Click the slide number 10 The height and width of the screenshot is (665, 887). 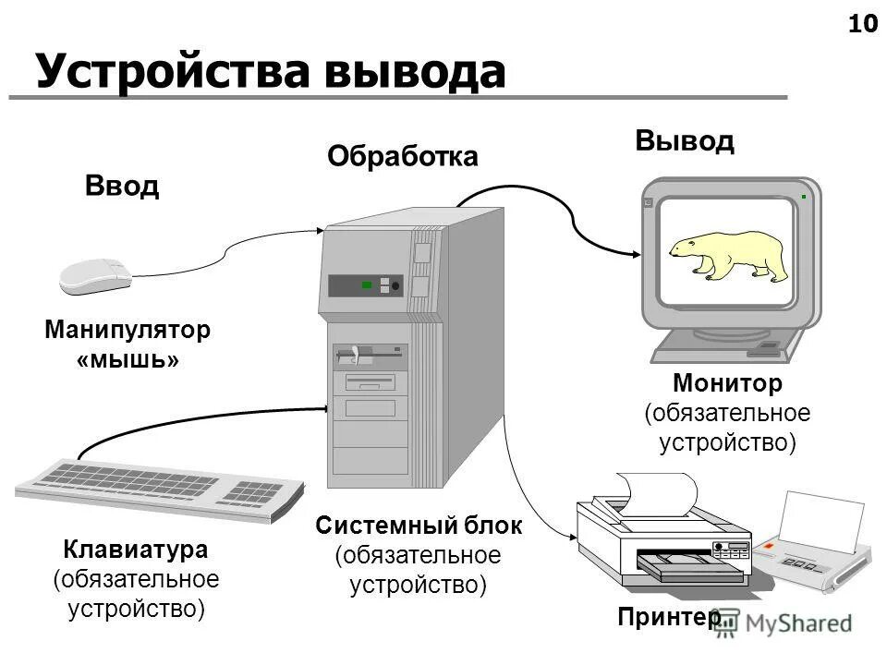point(862,24)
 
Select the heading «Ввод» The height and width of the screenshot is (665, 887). point(122,186)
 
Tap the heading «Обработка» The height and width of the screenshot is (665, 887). point(403,157)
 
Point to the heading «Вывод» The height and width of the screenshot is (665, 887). point(684,140)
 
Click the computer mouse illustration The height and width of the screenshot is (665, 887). point(93,275)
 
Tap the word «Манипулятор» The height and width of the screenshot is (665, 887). point(128,330)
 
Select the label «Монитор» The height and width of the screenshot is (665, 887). point(727,382)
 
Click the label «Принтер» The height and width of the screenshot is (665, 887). point(670,617)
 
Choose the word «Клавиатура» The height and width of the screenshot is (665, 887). point(136,550)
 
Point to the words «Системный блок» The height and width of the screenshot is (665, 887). point(419,526)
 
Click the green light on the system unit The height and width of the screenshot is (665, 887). point(367,285)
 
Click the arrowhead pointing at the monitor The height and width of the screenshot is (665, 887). point(637,254)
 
